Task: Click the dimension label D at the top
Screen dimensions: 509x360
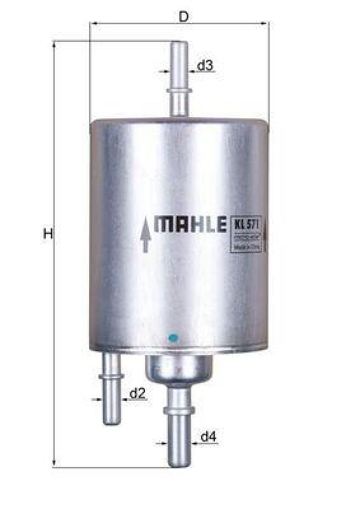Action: click(x=184, y=17)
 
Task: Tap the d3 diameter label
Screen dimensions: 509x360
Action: click(x=204, y=66)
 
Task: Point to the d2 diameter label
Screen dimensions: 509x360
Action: click(x=137, y=394)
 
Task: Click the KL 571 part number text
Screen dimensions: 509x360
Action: click(x=245, y=223)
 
